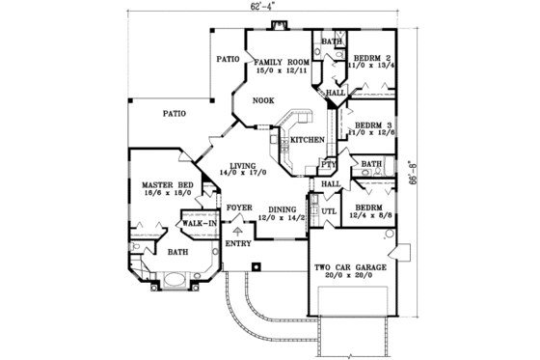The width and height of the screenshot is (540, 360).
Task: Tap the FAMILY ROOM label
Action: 280,62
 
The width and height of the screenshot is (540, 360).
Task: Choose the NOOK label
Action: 263,101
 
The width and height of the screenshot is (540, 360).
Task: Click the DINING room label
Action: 282,209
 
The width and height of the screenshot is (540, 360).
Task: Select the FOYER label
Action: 239,208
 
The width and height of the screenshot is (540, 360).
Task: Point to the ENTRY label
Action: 238,243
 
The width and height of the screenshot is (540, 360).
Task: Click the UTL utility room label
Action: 328,209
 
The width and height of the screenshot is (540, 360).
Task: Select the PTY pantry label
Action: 326,166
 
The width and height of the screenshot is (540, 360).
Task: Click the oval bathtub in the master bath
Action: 176,281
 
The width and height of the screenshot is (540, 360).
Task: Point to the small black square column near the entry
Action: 256,265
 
